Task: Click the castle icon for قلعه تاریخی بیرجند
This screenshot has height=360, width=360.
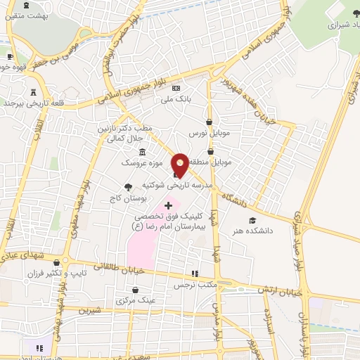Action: click(x=33, y=91)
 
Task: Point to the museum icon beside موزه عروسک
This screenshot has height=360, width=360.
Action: click(x=143, y=153)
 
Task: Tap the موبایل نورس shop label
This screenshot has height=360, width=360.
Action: click(x=205, y=132)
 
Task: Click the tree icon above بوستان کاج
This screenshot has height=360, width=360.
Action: click(x=127, y=187)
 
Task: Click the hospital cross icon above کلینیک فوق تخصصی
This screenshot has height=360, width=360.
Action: click(x=167, y=205)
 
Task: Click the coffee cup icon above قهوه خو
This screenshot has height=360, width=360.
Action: click(x=9, y=57)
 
